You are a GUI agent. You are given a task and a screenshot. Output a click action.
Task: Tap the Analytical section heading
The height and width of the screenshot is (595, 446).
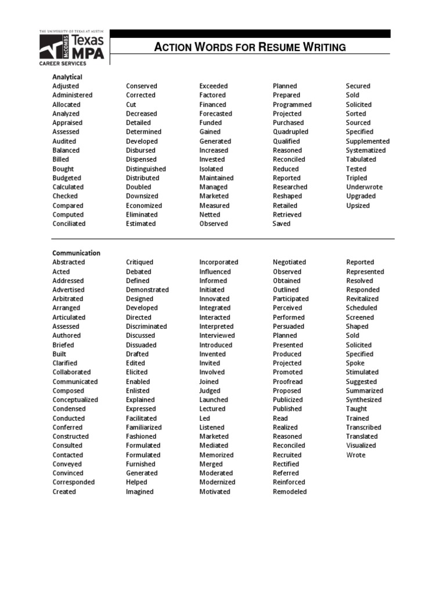click(x=67, y=77)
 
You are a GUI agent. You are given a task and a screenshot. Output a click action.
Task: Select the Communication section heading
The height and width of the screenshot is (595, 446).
click(x=76, y=253)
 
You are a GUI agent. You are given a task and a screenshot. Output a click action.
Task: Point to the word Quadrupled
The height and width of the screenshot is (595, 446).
click(x=290, y=132)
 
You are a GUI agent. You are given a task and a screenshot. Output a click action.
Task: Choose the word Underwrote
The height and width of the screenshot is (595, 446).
click(x=364, y=187)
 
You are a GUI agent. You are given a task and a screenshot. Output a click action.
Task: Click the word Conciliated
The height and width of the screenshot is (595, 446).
click(x=69, y=224)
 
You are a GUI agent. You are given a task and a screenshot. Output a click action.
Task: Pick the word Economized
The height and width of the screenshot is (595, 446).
click(x=144, y=206)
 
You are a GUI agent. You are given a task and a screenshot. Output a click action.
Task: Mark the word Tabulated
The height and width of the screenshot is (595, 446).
click(x=361, y=159)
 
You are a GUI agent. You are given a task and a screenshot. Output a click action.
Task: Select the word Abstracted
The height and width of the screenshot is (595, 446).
click(x=69, y=262)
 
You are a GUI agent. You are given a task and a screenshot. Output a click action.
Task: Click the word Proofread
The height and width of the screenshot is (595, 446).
click(x=288, y=381)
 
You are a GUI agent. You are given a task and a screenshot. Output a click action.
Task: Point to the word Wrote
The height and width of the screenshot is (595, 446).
click(x=356, y=455)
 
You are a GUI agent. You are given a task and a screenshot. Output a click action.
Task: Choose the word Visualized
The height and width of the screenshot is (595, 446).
click(x=361, y=446)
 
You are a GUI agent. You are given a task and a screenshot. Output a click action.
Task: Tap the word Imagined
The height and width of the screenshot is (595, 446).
click(x=140, y=492)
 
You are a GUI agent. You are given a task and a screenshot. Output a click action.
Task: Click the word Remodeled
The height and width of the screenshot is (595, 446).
click(x=290, y=492)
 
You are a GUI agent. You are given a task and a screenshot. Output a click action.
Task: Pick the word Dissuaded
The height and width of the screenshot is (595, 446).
click(x=141, y=345)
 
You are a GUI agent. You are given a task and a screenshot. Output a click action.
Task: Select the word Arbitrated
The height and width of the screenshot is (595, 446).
click(x=67, y=299)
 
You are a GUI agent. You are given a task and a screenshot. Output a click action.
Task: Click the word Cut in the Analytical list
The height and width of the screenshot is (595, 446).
click(x=131, y=105)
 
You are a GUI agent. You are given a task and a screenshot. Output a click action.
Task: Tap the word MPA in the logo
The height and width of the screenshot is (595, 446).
click(x=88, y=52)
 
